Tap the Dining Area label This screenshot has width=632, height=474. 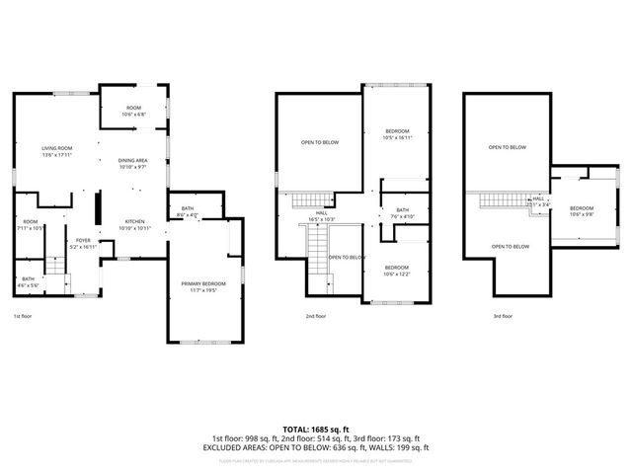133,163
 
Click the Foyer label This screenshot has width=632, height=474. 83,243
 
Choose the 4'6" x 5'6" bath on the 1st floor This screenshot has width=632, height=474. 28,281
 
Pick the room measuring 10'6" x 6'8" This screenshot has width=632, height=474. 133,111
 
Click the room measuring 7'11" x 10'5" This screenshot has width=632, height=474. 31,224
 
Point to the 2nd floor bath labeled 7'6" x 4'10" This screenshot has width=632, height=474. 402,212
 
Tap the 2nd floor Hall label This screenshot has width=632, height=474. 321,215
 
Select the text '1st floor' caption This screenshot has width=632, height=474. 23,317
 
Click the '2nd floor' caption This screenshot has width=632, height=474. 316,317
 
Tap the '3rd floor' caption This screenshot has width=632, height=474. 503,317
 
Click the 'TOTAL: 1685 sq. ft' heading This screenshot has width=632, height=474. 316,430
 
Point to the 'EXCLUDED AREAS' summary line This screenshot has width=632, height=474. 316,446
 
